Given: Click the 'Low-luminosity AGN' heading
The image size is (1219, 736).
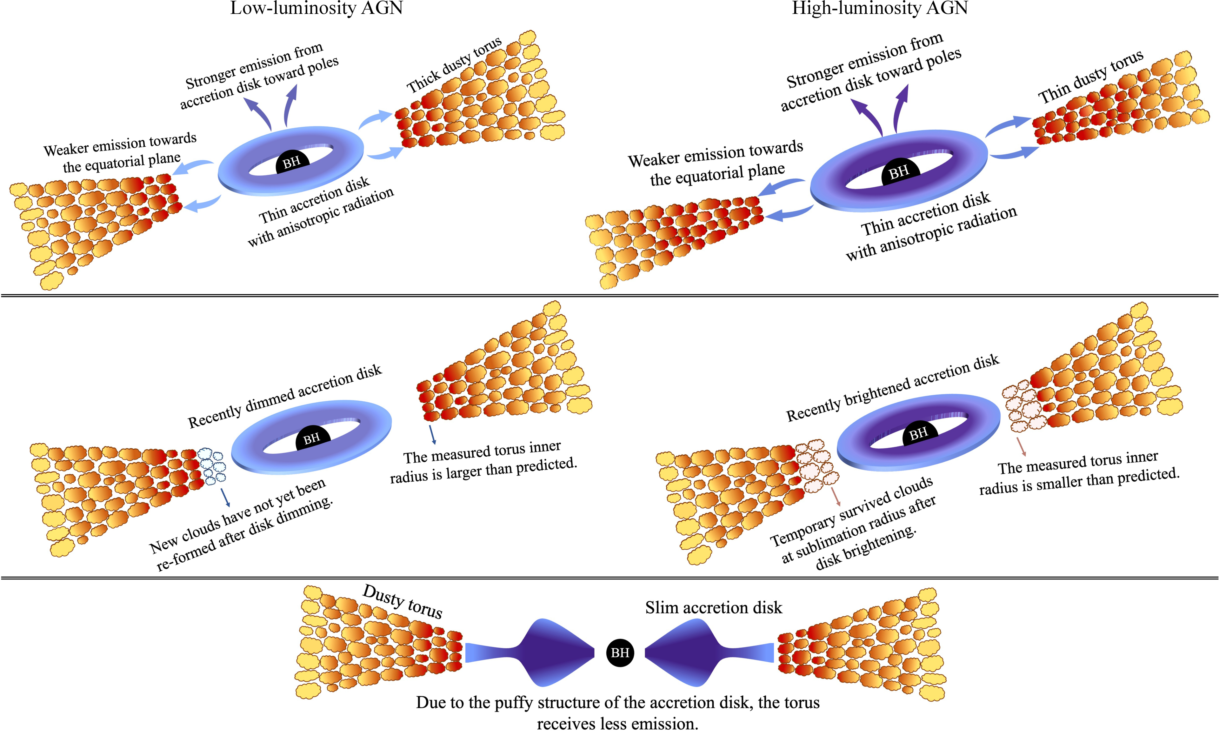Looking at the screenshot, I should pyautogui.click(x=316, y=9).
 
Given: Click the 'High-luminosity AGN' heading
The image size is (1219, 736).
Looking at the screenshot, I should pyautogui.click(x=880, y=9).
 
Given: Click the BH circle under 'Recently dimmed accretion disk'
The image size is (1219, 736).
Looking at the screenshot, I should pyautogui.click(x=312, y=438).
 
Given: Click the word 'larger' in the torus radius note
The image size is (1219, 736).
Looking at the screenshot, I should pyautogui.click(x=464, y=473).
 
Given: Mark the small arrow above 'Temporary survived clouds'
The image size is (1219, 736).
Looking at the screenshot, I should pyautogui.click(x=835, y=496).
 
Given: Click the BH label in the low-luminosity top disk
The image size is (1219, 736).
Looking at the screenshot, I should pyautogui.click(x=291, y=162).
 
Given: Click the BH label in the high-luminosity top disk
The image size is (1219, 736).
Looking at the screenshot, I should pyautogui.click(x=899, y=172).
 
